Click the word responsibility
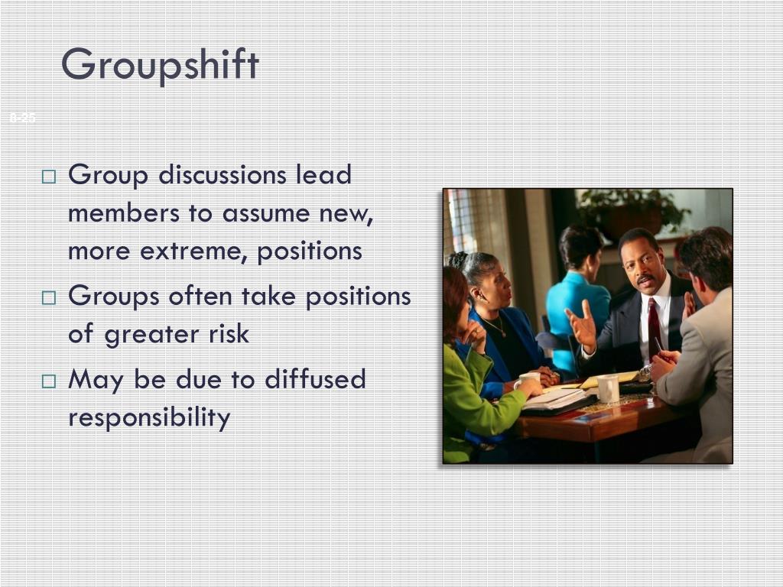click(x=149, y=418)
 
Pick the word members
click(x=119, y=213)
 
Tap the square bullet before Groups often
click(x=49, y=298)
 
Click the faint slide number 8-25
click(x=23, y=118)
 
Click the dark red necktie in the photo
click(x=654, y=328)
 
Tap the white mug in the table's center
click(x=608, y=388)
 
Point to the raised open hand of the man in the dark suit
click(x=581, y=325)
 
